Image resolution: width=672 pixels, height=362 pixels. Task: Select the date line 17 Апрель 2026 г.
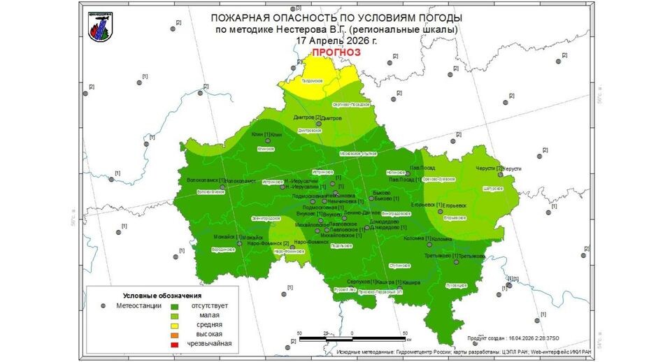pyautogui.click(x=336, y=41)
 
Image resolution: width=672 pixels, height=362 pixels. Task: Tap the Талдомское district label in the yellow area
pyautogui.click(x=311, y=81)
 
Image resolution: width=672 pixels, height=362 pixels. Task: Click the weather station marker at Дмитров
pyautogui.click(x=318, y=124)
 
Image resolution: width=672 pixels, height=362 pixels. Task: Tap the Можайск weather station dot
pyautogui.click(x=240, y=242)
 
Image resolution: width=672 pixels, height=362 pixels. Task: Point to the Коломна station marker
pyautogui.click(x=429, y=244)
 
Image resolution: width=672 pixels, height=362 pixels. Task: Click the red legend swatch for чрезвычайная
pyautogui.click(x=174, y=344)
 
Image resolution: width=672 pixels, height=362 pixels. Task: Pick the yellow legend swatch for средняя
pyautogui.click(x=174, y=325)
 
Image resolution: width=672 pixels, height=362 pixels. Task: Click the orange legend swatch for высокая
pyautogui.click(x=174, y=334)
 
